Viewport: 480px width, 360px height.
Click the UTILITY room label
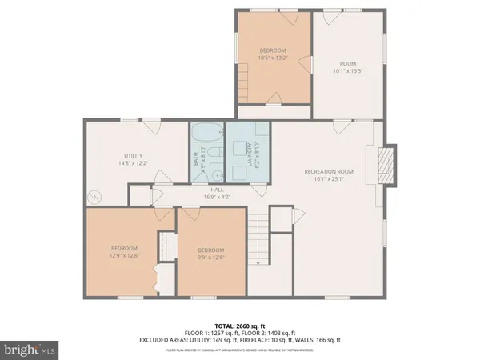pos(133,155)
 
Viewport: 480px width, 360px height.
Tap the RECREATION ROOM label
pos(329,171)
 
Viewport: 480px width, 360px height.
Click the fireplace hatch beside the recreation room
pos(387,165)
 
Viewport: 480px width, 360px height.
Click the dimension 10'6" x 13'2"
pos(273,58)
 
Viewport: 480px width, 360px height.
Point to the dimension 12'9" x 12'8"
pos(125,256)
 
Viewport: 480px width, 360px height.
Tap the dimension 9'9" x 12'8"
pos(210,257)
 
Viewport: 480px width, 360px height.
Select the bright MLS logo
pos(30,350)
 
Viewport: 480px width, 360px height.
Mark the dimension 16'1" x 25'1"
pos(329,179)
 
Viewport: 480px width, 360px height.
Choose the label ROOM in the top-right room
pos(347,64)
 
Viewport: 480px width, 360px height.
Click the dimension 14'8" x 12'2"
pos(133,162)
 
